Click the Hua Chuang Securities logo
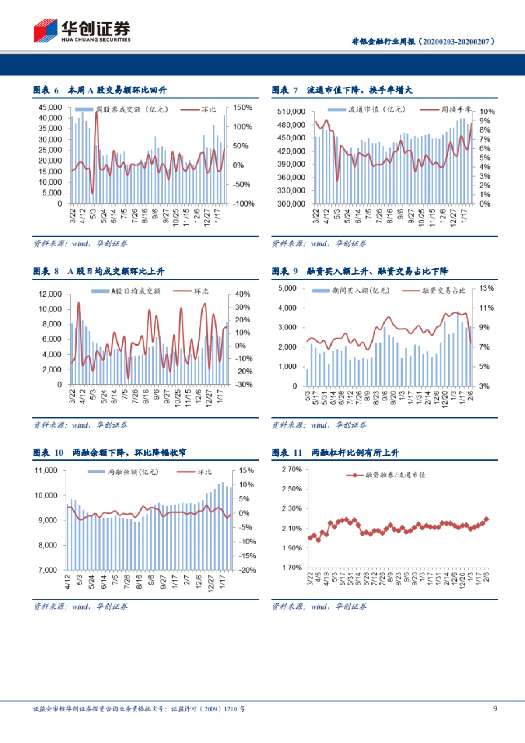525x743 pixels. [82, 31]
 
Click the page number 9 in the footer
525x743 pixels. [495, 708]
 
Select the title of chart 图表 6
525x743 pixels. [100, 90]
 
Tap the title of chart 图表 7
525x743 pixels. [342, 90]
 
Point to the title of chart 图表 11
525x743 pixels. [335, 452]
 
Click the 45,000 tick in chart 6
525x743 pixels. [50, 107]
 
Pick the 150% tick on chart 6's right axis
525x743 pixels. [242, 107]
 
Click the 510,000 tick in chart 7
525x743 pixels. [291, 112]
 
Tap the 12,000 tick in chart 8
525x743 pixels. [50, 294]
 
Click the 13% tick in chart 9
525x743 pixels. [486, 288]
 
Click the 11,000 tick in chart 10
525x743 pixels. [46, 470]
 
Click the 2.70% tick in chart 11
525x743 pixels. [292, 469]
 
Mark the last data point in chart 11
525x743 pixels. [486, 519]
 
